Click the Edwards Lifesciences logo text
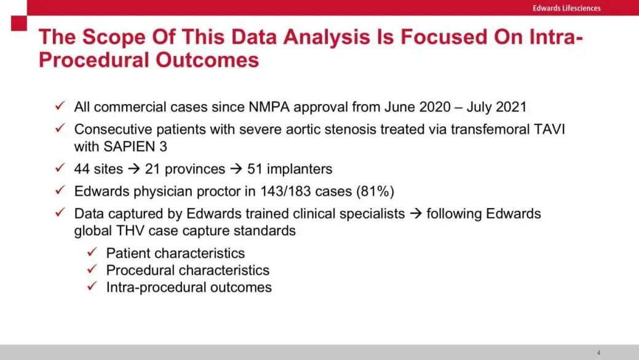566,8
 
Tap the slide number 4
598,353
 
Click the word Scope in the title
114,38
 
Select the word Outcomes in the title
207,60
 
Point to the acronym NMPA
269,107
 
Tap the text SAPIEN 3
135,146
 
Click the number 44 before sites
82,169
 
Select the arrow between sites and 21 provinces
133,169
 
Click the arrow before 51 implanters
236,169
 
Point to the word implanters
300,169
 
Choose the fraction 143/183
286,191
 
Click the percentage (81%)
375,191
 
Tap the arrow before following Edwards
416,214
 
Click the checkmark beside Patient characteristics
92,252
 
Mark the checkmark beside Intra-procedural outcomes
92,286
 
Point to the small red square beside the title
18,23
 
